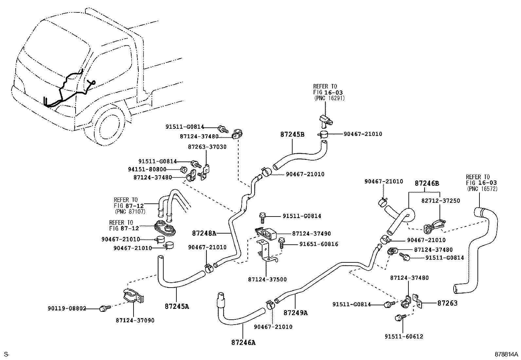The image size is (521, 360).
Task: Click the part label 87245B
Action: [292, 134]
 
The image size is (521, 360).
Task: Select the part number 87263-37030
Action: [207, 147]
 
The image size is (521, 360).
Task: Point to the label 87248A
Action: [204, 233]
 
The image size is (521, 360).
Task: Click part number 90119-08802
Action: [67, 308]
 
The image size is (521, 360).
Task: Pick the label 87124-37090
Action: [135, 320]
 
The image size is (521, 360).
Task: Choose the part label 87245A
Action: [177, 307]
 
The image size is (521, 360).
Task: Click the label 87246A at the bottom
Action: [243, 343]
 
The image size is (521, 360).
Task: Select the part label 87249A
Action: [296, 313]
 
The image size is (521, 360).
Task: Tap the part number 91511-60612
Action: [404, 336]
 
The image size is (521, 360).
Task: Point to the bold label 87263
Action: [447, 303]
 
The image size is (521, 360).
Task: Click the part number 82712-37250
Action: [440, 200]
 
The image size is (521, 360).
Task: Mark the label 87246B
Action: [427, 183]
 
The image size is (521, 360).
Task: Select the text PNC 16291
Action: [329, 98]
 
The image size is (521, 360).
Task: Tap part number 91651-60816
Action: [319, 244]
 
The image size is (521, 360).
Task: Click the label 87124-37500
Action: [267, 279]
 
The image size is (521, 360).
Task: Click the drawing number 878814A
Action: [506, 354]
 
